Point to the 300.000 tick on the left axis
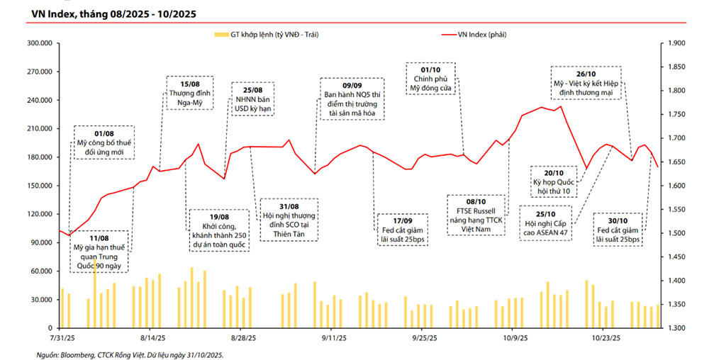(39, 43)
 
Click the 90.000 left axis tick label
(41, 243)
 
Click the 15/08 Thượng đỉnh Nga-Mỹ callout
(186, 93)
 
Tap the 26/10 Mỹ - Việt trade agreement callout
(586, 84)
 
